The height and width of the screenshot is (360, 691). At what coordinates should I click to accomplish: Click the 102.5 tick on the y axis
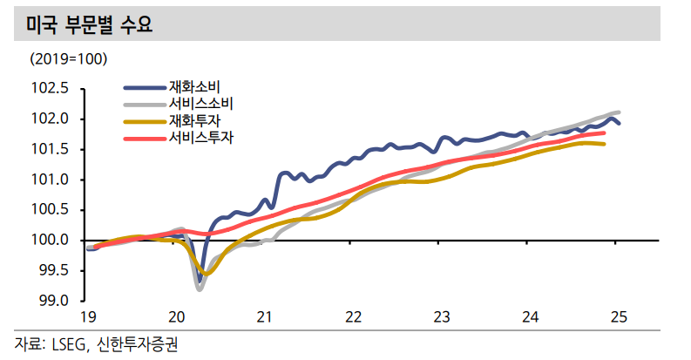coord(50,88)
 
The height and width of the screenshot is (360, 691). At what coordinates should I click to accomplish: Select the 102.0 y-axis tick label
coord(50,119)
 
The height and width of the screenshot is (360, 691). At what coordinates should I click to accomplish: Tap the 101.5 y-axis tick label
coord(50,149)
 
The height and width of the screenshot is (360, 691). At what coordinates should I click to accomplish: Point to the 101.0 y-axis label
coord(50,180)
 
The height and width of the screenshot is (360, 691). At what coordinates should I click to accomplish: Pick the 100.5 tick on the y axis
coord(50,210)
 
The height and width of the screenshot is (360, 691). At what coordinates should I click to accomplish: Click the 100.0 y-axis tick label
coord(50,241)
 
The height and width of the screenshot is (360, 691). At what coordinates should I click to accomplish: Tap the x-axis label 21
coord(265,317)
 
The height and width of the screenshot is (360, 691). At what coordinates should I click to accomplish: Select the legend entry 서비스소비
coord(201,104)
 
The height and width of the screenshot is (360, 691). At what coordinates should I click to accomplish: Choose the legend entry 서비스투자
coord(201,137)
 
